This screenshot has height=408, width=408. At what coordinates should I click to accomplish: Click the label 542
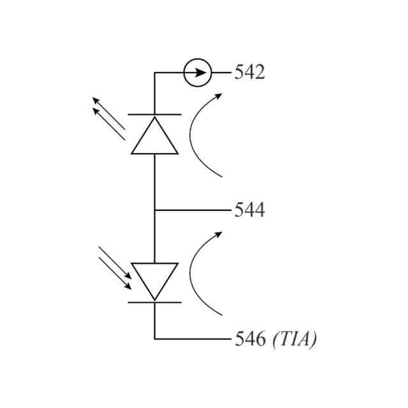coord(249,72)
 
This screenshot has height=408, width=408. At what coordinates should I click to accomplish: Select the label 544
coord(249,210)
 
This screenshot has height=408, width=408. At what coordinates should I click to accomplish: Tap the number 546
coord(249,339)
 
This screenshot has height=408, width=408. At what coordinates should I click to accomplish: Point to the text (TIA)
coord(294,339)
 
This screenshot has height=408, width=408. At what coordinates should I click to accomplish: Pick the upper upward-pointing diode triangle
coord(155,137)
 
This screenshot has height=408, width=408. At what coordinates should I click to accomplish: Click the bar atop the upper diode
coord(155,115)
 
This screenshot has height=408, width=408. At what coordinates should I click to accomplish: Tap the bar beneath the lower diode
coord(155,302)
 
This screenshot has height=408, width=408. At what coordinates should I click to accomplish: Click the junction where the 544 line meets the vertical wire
coord(155,210)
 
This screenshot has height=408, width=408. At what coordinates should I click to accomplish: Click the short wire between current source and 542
coord(221,72)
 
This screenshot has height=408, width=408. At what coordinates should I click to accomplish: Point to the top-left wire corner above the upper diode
coord(155,73)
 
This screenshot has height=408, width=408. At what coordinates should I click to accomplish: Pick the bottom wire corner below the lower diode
coord(155,339)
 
